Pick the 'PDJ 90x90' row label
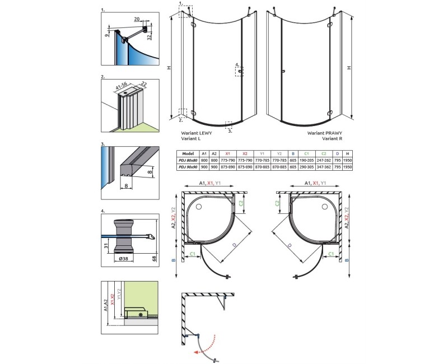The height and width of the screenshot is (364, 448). [188, 166]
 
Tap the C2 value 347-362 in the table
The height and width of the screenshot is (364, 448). [323, 166]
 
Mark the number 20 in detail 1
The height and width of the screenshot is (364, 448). [137, 19]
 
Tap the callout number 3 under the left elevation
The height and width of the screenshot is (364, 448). [230, 130]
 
